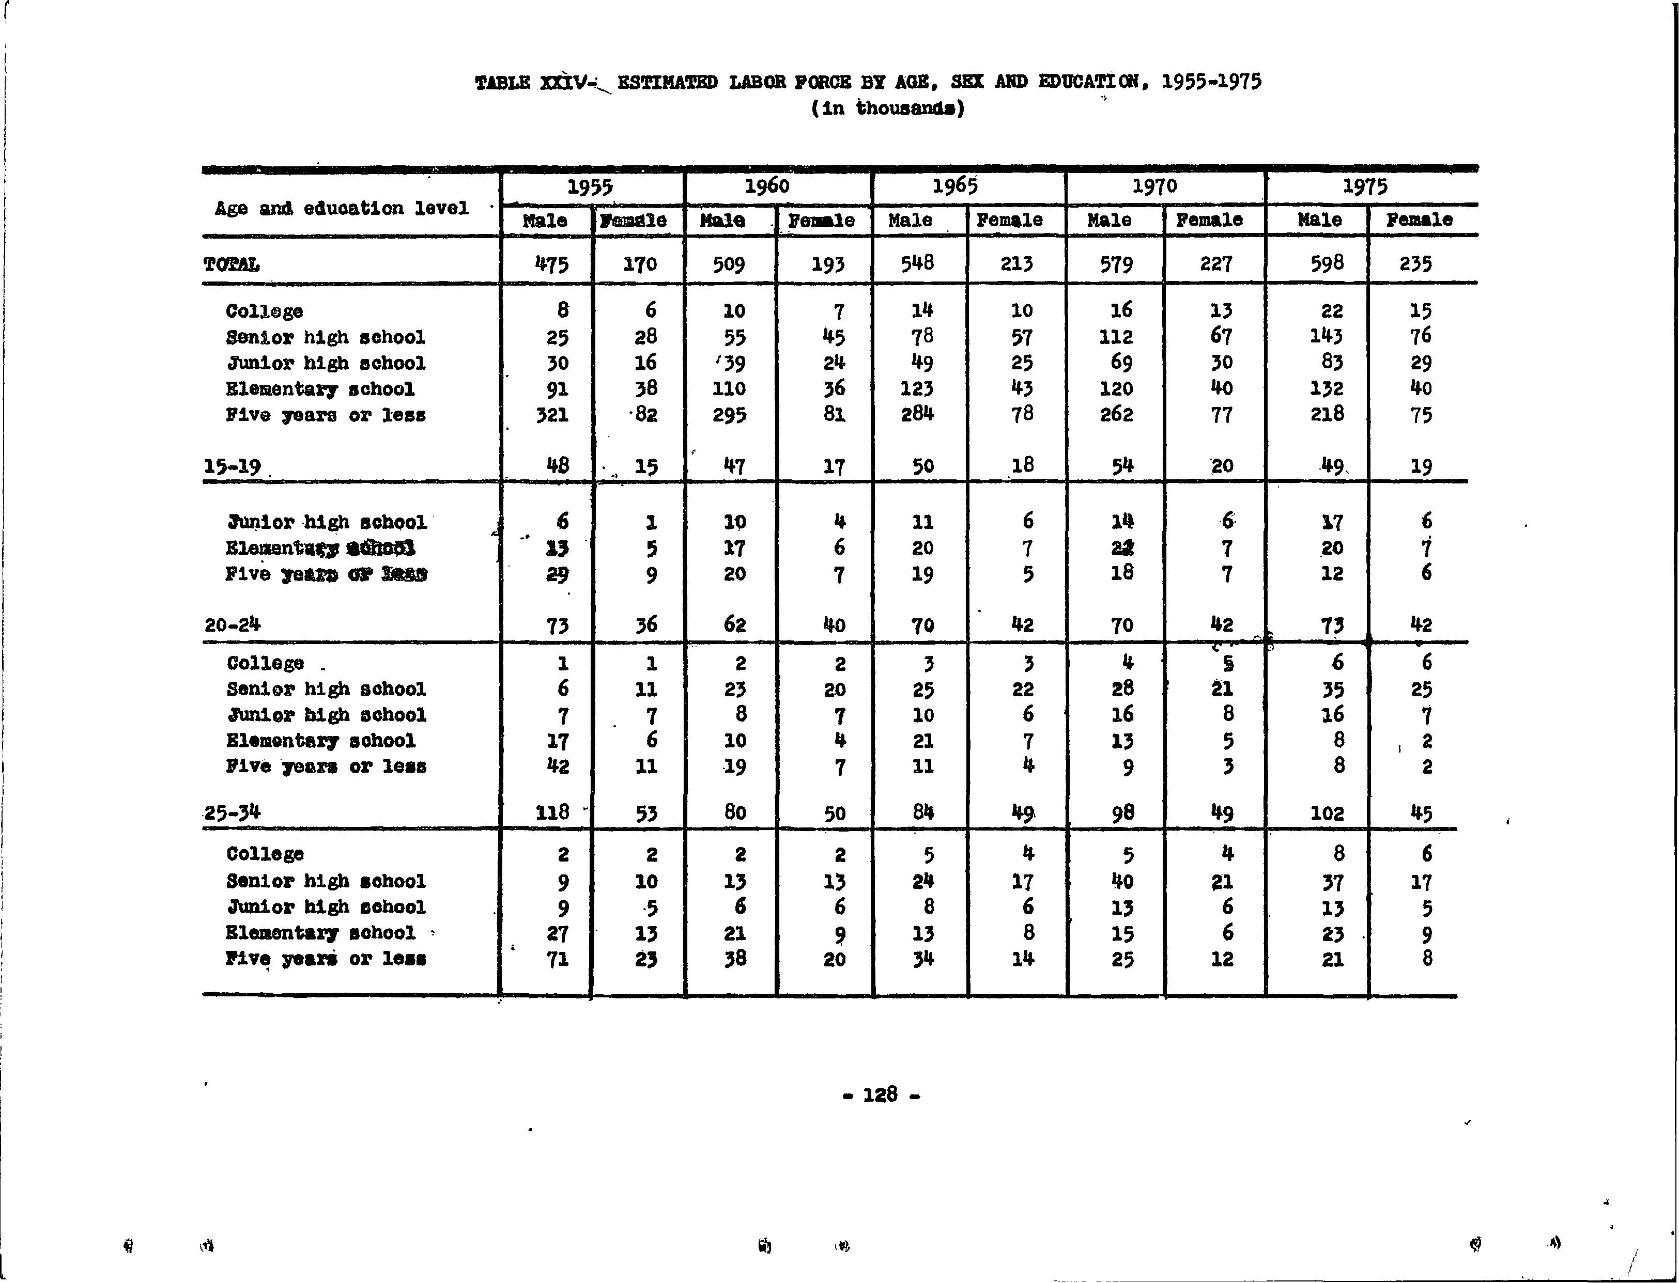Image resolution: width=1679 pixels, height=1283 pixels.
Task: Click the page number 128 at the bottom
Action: (880, 1094)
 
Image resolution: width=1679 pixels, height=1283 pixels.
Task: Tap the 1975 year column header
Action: (1365, 186)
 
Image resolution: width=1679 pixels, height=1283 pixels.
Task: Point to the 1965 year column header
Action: (955, 186)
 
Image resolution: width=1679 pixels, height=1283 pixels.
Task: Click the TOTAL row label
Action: (232, 265)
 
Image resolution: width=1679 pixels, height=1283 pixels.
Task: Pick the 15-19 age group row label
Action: (233, 466)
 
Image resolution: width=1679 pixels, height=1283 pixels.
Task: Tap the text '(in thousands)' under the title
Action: (888, 108)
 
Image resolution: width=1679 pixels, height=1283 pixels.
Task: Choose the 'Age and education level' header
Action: (342, 208)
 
